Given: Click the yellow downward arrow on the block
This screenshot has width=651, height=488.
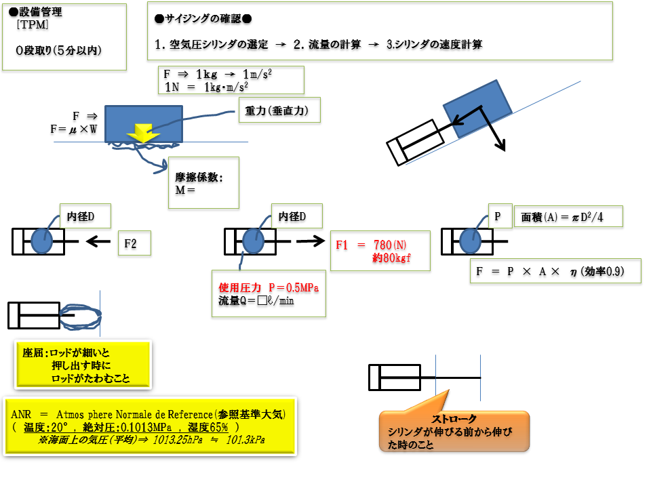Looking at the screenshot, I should [x=143, y=134].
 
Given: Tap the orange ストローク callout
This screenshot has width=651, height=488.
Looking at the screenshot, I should [x=454, y=431].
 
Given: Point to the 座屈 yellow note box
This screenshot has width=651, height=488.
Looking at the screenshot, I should [x=82, y=365].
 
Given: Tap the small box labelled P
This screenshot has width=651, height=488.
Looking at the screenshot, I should [x=498, y=216].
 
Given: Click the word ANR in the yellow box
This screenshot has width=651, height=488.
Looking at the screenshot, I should [x=22, y=413].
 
